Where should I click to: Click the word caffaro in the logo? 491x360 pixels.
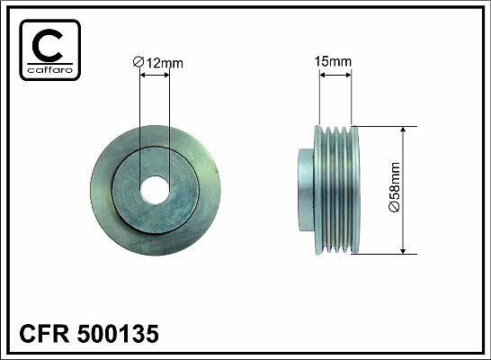50,70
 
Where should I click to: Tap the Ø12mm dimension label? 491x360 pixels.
157,63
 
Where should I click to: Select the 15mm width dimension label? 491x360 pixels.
333,61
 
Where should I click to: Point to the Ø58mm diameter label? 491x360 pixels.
394,187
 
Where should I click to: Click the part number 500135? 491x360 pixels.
118,333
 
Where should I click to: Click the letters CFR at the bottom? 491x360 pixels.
44,333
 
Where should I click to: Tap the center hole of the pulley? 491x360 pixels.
155,190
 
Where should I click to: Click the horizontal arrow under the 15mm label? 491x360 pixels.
335,75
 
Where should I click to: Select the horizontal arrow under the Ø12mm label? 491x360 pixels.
155,75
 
